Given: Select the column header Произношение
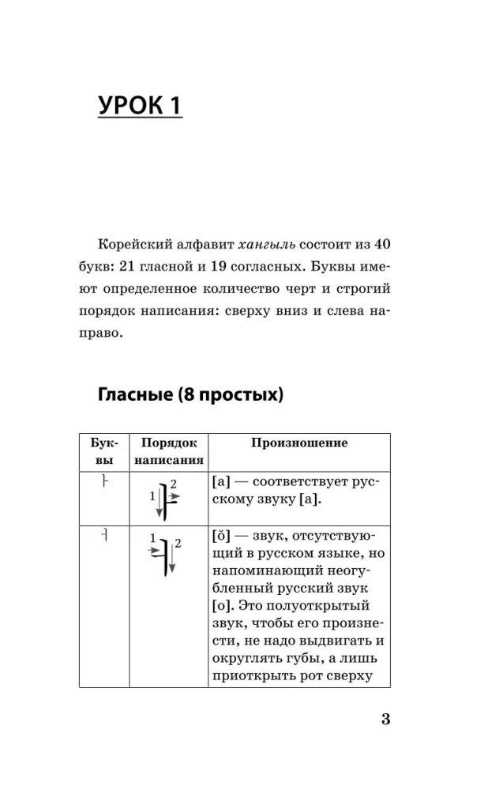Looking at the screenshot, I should tap(299, 443).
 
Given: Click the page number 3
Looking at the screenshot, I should tap(385, 719).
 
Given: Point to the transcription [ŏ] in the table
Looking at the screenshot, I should tap(223, 536).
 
